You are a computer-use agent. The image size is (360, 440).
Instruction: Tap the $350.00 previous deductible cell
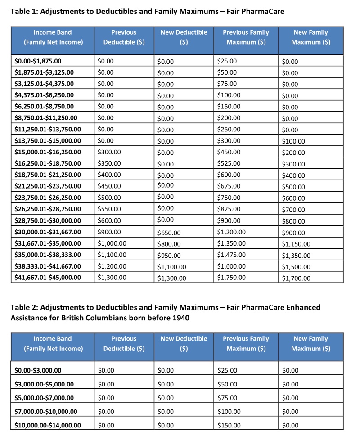point(109,163)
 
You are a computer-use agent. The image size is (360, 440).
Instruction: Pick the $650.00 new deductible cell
point(169,233)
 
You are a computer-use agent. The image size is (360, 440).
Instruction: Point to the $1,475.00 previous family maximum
point(231,255)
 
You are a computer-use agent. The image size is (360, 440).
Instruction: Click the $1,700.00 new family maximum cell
point(296,278)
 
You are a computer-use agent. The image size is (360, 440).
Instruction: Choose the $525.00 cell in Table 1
point(229,163)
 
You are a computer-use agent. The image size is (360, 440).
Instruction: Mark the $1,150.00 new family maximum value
point(296,244)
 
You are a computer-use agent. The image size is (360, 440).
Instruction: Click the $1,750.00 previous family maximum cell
point(231,277)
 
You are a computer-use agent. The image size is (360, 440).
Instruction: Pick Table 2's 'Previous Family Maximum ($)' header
point(246,343)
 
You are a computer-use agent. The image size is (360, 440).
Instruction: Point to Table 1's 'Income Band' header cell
point(52,37)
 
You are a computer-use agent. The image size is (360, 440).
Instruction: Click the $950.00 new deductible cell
point(169,256)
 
